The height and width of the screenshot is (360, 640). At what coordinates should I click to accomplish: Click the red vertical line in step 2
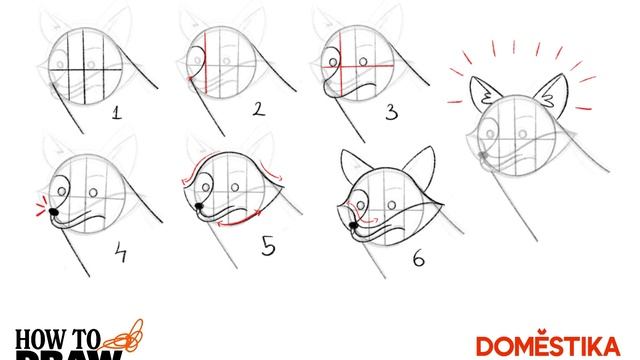tap(204, 60)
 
